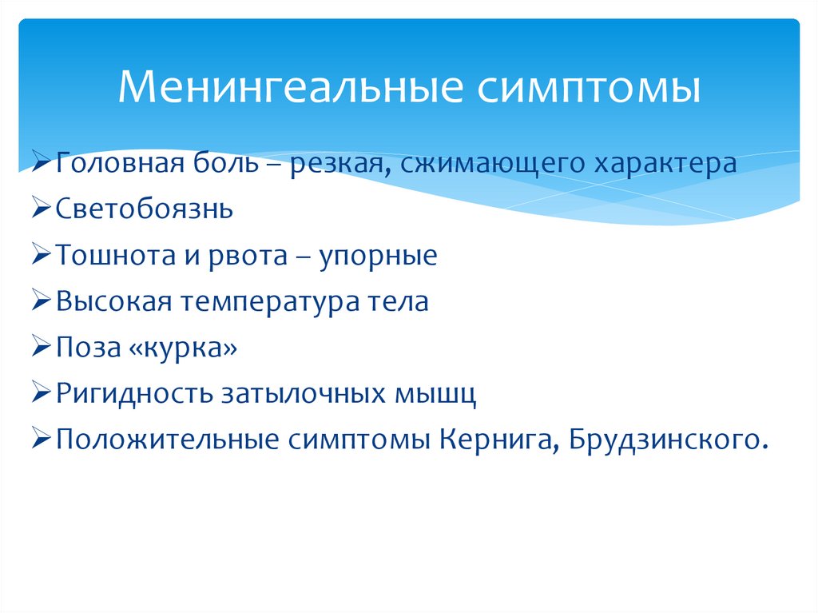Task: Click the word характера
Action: click(x=664, y=164)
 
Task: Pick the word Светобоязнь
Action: click(x=145, y=210)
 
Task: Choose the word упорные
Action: click(x=379, y=257)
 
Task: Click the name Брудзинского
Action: click(x=661, y=440)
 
